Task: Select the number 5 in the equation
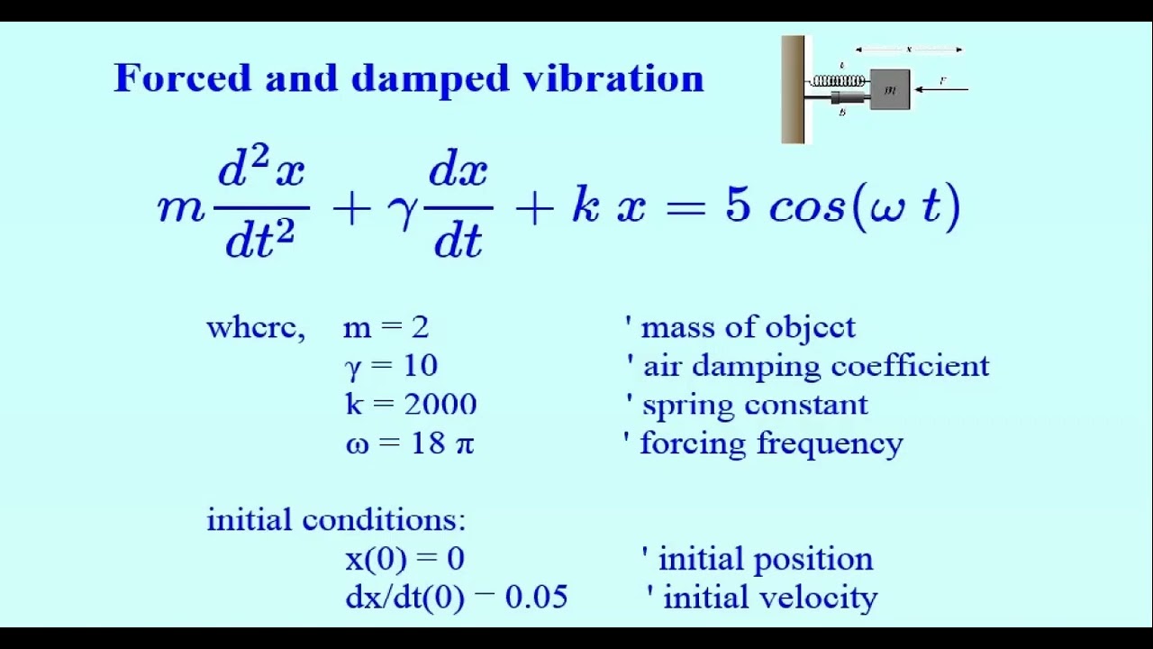pyautogui.click(x=737, y=206)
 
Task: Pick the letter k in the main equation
pyautogui.click(x=586, y=206)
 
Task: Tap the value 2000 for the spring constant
pyautogui.click(x=440, y=405)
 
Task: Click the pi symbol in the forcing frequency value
pyautogui.click(x=464, y=444)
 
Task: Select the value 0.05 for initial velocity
pyautogui.click(x=536, y=598)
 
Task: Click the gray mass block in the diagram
pyautogui.click(x=889, y=89)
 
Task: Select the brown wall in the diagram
pyautogui.click(x=793, y=89)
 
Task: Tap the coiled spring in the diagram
pyautogui.click(x=839, y=81)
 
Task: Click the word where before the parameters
pyautogui.click(x=254, y=327)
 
